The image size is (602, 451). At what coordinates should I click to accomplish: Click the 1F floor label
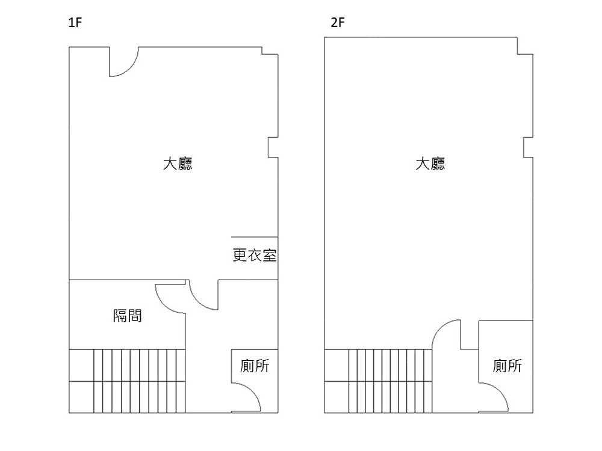[75, 24]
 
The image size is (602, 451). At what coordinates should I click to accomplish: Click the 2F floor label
[337, 24]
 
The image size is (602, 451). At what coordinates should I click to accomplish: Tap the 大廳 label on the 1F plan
[178, 164]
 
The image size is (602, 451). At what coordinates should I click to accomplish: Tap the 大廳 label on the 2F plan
[430, 164]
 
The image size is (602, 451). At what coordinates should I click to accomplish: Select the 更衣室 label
[254, 256]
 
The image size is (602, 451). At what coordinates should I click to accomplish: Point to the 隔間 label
[128, 315]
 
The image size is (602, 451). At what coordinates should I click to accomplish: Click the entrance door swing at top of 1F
[128, 65]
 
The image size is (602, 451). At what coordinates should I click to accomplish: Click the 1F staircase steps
[138, 381]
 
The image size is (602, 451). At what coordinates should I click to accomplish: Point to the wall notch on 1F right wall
[273, 147]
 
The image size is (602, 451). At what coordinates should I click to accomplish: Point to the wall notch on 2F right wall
[528, 147]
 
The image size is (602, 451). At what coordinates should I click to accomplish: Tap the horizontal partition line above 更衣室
[254, 237]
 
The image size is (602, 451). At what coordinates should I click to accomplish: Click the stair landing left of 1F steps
[81, 381]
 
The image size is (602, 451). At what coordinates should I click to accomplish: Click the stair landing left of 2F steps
[337, 381]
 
